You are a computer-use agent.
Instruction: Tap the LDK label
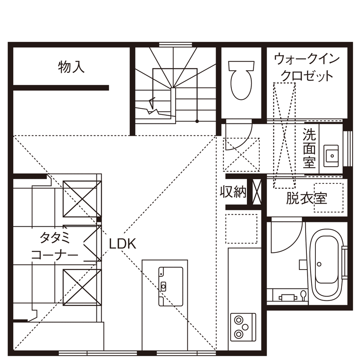point(122,244)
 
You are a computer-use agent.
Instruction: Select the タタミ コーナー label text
point(54,245)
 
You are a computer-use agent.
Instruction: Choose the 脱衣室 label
point(306,198)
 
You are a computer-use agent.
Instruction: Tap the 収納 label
point(234,192)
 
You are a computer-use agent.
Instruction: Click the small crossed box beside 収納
point(257,192)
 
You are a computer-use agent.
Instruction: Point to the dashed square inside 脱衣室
point(329,197)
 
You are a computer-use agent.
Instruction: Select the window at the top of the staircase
point(175,44)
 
